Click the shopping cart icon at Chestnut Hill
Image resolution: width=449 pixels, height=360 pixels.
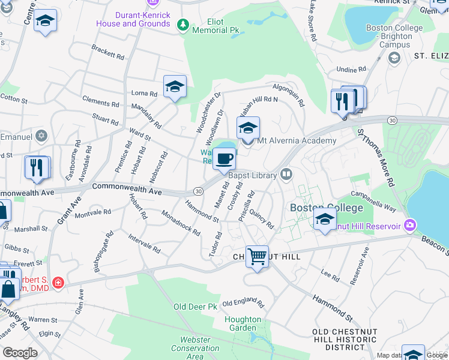pyautogui.click(x=257, y=257)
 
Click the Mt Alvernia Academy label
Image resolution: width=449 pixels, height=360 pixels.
pyautogui.click(x=297, y=140)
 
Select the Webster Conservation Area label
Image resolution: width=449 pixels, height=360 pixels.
pyautogui.click(x=195, y=348)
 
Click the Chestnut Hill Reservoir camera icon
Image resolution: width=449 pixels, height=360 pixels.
pyautogui.click(x=411, y=226)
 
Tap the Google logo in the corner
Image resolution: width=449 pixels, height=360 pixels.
pyautogui.click(x=20, y=353)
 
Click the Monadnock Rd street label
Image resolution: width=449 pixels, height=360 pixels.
pyautogui.click(x=181, y=223)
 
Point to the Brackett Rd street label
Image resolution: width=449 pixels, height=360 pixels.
pyautogui.click(x=108, y=53)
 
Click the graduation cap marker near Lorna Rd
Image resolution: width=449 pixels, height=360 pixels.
pyautogui.click(x=175, y=86)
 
